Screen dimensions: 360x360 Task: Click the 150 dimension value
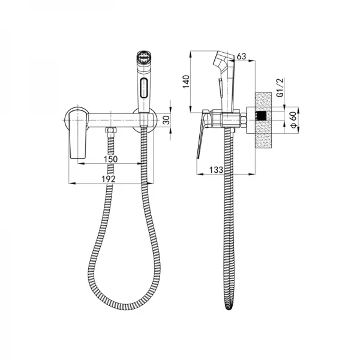pyautogui.click(x=110, y=159)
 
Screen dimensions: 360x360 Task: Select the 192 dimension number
pyautogui.click(x=109, y=179)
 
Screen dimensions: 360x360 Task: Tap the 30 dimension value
pyautogui.click(x=167, y=119)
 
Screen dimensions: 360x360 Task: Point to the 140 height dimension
pyautogui.click(x=186, y=82)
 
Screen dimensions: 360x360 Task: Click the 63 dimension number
pyautogui.click(x=241, y=56)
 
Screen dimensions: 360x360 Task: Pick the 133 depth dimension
pyautogui.click(x=216, y=170)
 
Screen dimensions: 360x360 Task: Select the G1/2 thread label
pyautogui.click(x=280, y=88)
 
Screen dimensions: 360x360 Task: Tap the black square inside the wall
pyautogui.click(x=260, y=116)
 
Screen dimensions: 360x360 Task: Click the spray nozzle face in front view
pyautogui.click(x=143, y=57)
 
